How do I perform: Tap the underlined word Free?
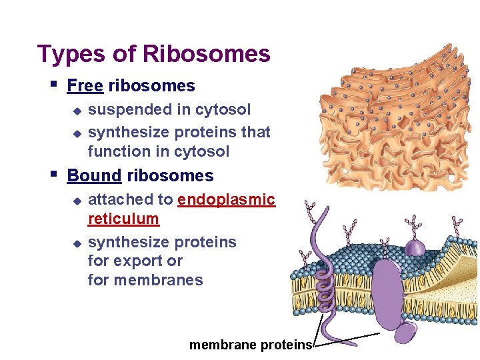tap(85, 86)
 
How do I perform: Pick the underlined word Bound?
tap(94, 176)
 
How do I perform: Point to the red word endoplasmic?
tap(227, 199)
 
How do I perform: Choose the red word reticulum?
tap(123, 219)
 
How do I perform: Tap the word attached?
tap(121, 199)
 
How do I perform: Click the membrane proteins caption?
tap(251, 345)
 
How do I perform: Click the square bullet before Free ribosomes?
tap(53, 85)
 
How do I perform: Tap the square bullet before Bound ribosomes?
tap(53, 175)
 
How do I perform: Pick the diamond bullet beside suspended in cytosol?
tap(76, 110)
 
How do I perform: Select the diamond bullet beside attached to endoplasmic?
tap(76, 200)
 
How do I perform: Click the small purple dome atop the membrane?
tap(415, 247)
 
